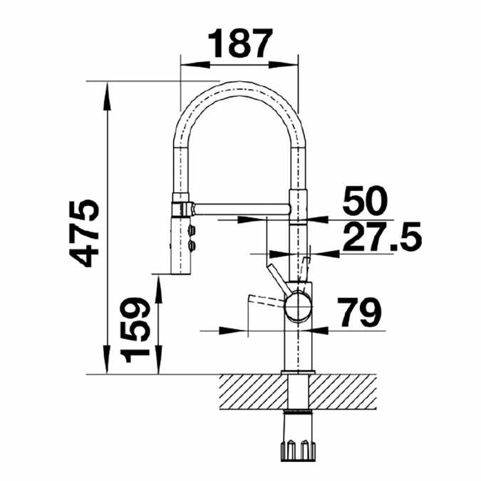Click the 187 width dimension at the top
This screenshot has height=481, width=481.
pyautogui.click(x=239, y=44)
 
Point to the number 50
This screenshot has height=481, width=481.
pyautogui.click(x=364, y=202)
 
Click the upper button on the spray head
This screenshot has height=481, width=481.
pyautogui.click(x=192, y=229)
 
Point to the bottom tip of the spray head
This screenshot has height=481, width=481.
pyautogui.click(x=181, y=271)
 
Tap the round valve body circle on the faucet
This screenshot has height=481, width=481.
pyautogui.click(x=297, y=308)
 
